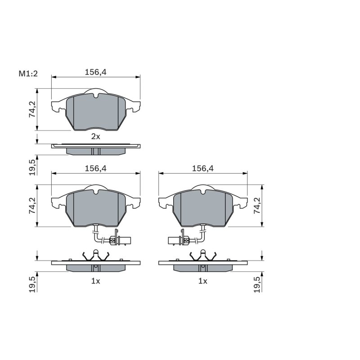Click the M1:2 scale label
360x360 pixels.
click(x=28, y=74)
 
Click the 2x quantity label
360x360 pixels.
click(x=96, y=137)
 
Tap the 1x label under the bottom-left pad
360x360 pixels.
click(x=96, y=281)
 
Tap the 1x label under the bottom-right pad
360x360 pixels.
click(x=203, y=281)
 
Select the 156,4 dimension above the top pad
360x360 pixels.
click(x=96, y=72)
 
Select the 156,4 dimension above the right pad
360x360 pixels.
click(x=203, y=168)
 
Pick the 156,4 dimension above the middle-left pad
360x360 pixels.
click(x=96, y=168)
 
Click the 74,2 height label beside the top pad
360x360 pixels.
click(x=32, y=109)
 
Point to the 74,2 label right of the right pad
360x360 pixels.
click(x=257, y=206)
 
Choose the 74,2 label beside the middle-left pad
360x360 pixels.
click(x=32, y=206)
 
